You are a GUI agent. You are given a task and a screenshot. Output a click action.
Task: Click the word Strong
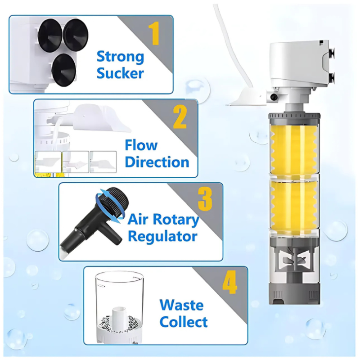(120, 57)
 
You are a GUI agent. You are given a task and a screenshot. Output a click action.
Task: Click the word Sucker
(120, 73)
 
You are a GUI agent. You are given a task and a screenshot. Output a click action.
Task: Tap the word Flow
(141, 145)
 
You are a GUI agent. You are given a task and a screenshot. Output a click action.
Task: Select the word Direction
(157, 162)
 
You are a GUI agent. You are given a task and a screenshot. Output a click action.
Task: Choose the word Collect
(184, 322)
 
